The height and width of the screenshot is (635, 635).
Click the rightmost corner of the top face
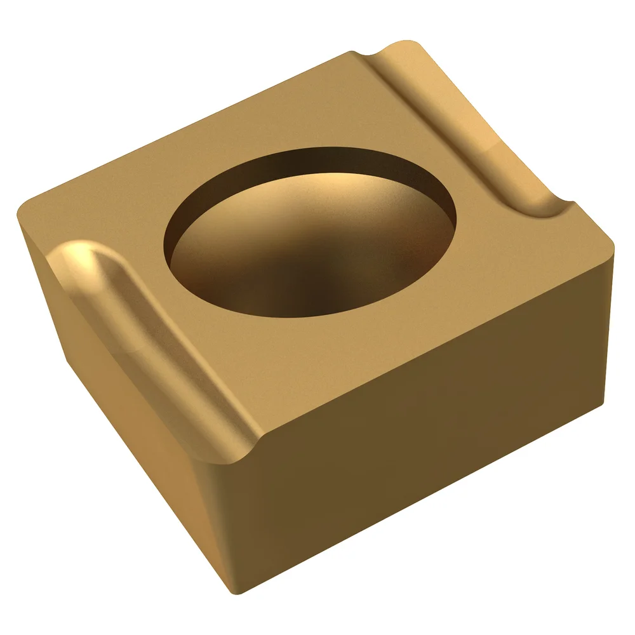tap(613, 248)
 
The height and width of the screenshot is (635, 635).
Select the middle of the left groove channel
tap(159, 343)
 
